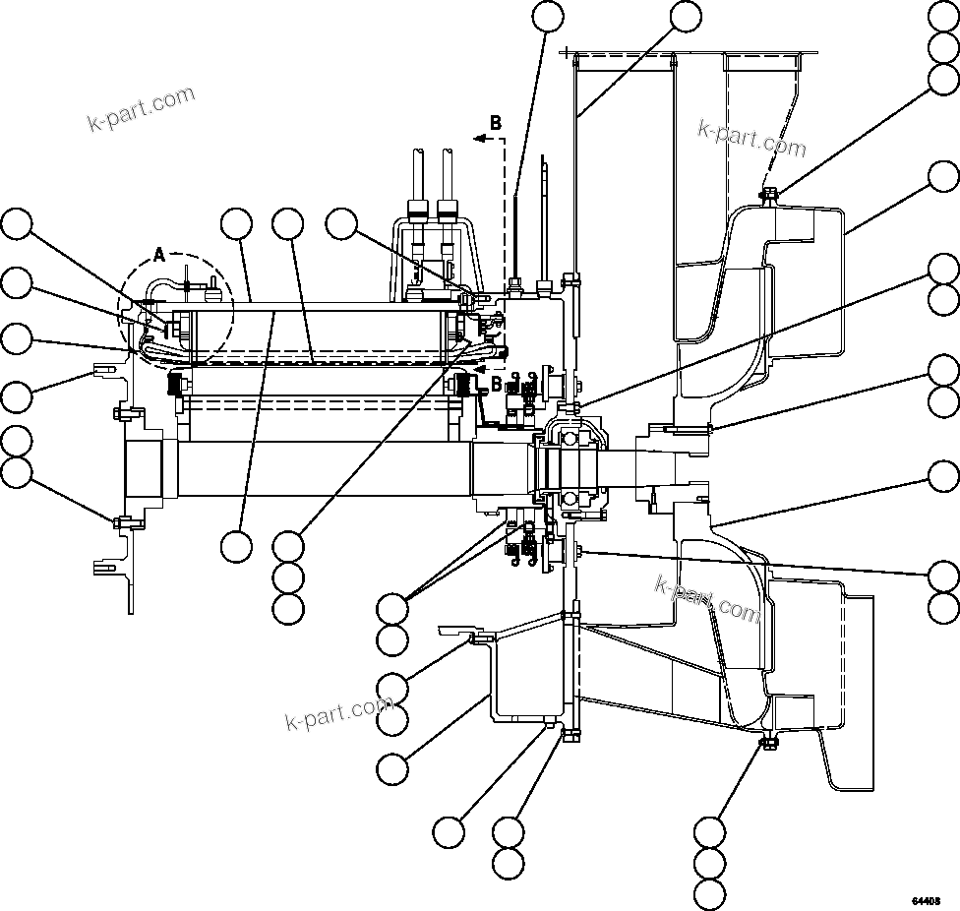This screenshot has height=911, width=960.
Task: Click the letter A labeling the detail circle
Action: (160, 255)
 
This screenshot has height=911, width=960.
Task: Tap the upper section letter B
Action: (496, 123)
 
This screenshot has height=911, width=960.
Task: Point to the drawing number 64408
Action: (926, 900)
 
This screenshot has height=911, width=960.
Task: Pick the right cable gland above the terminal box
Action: (448, 208)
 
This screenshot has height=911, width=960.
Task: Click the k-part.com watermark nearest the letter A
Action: (141, 108)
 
